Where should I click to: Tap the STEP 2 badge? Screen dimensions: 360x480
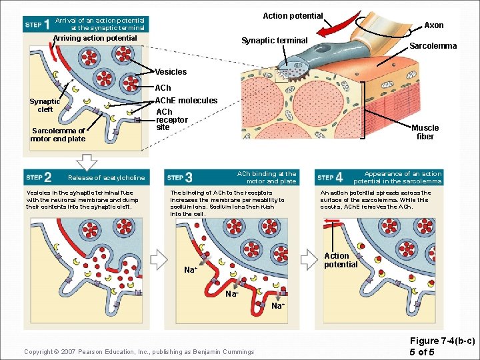(x=39, y=177)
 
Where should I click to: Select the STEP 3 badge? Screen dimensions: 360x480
(x=181, y=177)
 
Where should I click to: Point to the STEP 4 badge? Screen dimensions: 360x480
(x=331, y=177)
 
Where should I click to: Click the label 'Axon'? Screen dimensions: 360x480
(x=434, y=25)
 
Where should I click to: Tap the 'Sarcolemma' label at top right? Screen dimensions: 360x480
(x=433, y=46)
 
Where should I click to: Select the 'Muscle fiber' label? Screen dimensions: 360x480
(x=425, y=132)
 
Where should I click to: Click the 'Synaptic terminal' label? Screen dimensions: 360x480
(x=274, y=41)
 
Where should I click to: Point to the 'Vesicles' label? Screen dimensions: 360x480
(x=171, y=71)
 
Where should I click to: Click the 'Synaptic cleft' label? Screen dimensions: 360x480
(x=45, y=105)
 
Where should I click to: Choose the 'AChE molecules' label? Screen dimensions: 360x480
(x=186, y=100)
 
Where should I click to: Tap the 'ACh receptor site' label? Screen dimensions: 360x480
(x=171, y=119)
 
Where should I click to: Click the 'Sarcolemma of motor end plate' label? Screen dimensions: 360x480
(x=58, y=135)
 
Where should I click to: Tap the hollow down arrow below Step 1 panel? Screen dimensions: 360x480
(x=87, y=161)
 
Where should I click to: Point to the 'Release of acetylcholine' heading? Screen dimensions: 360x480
(x=106, y=178)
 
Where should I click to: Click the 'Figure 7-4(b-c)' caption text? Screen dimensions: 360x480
(x=442, y=341)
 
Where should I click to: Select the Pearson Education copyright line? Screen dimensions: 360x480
(x=139, y=351)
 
